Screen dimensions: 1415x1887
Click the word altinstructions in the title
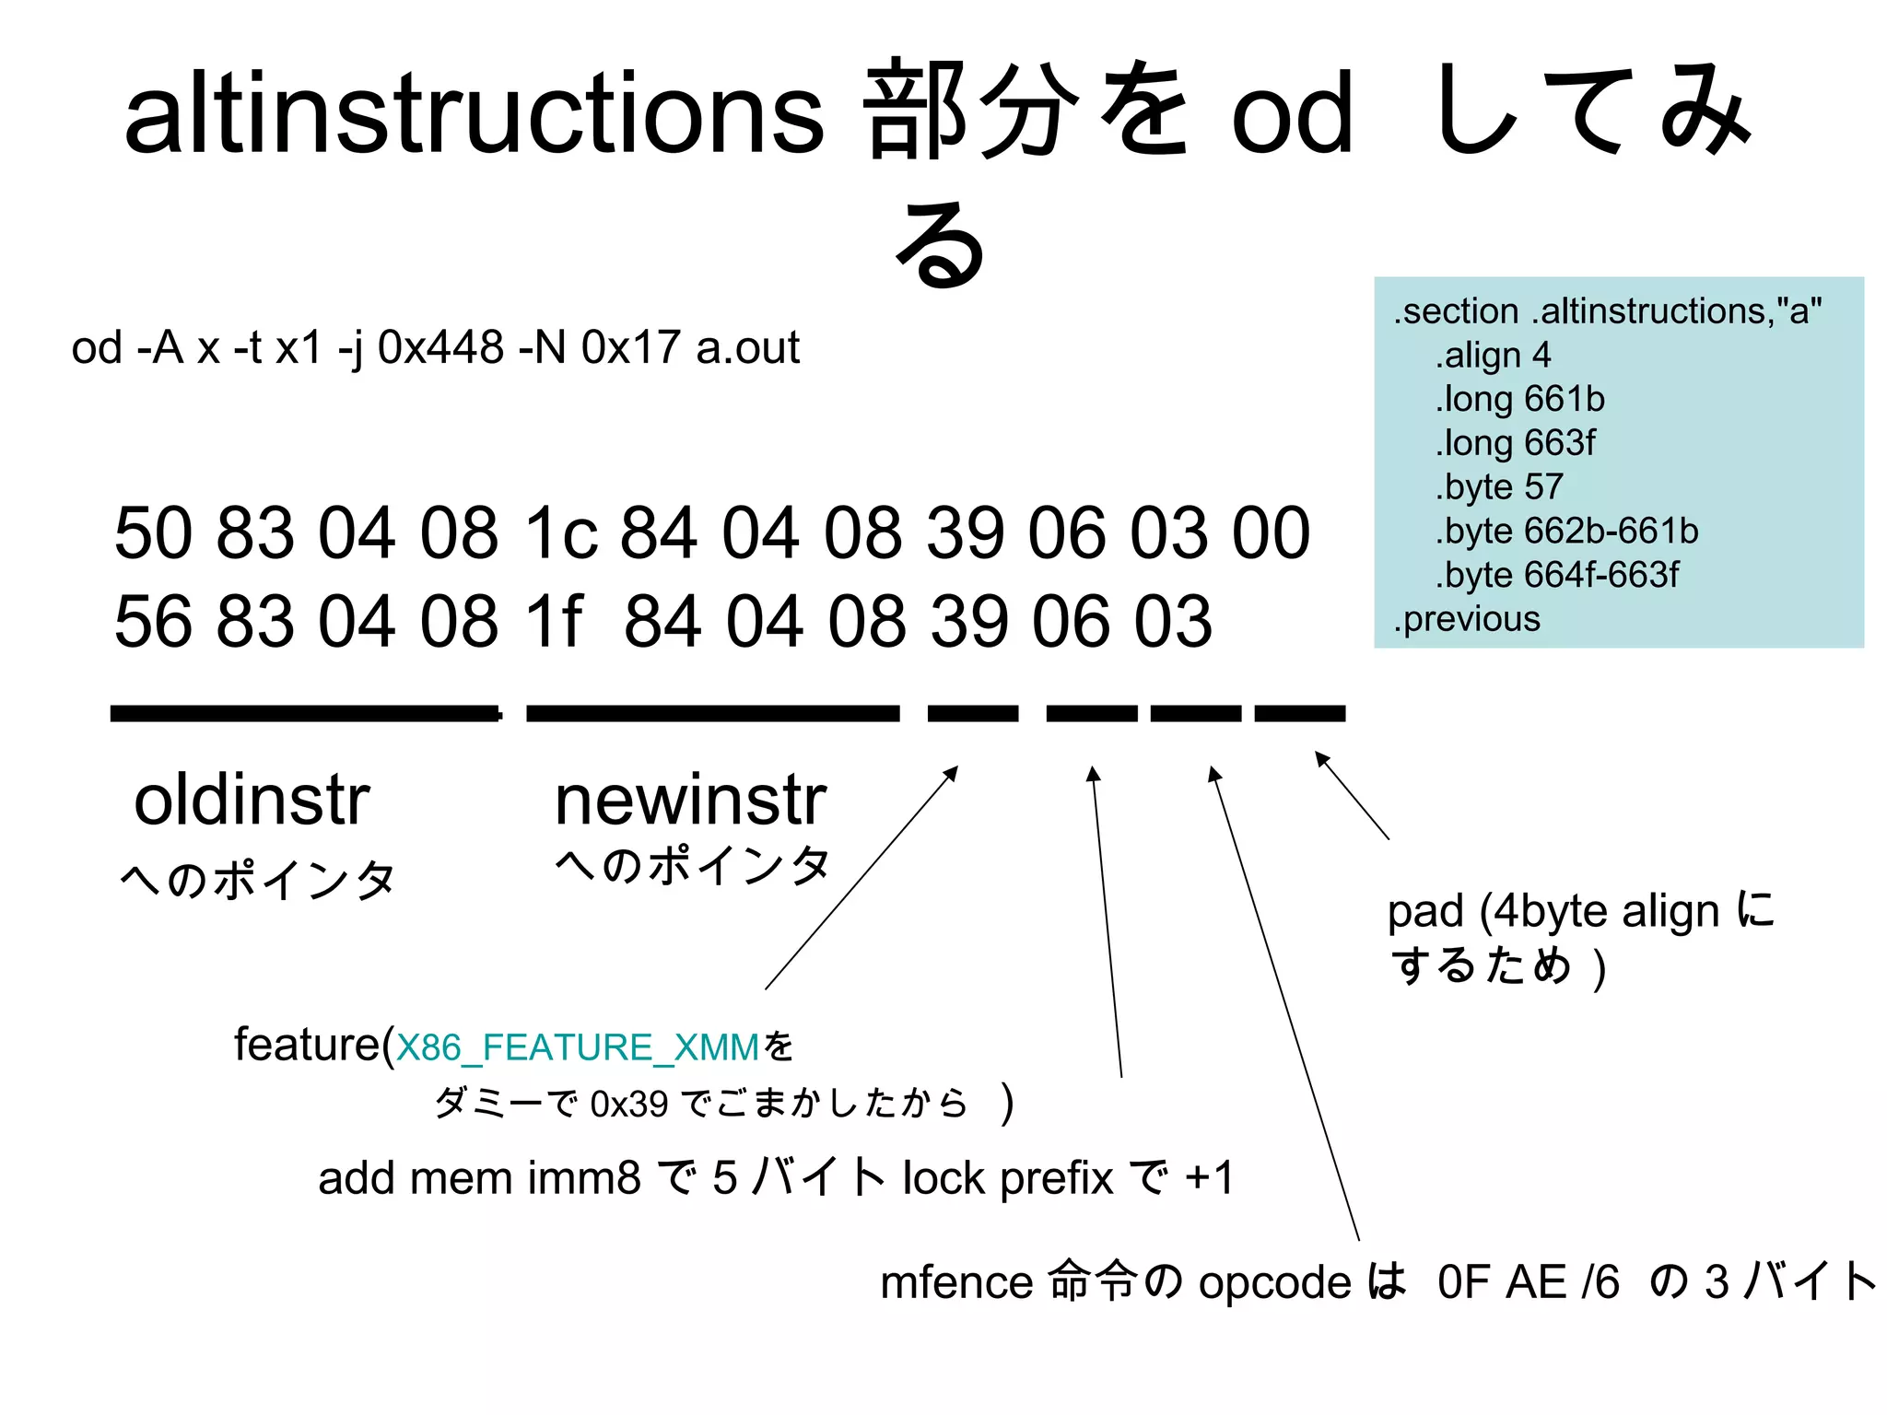click(x=474, y=112)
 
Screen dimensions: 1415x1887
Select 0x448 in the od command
click(x=440, y=348)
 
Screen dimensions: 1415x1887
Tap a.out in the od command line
click(x=747, y=348)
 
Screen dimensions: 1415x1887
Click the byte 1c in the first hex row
click(x=560, y=533)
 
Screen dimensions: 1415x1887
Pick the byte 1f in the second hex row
click(x=553, y=622)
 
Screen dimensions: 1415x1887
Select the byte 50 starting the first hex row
click(x=152, y=533)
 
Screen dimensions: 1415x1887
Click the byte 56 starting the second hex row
click(x=152, y=622)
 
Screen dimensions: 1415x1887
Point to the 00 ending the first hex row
click(x=1272, y=533)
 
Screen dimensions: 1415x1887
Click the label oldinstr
click(x=252, y=800)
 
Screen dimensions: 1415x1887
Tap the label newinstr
click(x=690, y=800)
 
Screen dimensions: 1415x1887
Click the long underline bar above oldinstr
click(x=304, y=713)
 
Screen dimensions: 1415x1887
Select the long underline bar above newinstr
click(x=712, y=713)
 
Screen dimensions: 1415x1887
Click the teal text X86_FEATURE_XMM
click(x=578, y=1047)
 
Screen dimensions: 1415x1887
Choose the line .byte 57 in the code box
click(x=1498, y=486)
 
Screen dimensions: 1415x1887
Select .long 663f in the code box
click(x=1514, y=443)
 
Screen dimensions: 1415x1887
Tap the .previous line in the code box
click(x=1467, y=618)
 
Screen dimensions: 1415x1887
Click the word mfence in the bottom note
click(x=956, y=1281)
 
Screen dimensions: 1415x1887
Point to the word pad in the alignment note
click(x=1424, y=911)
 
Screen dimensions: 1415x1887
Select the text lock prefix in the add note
click(x=1007, y=1178)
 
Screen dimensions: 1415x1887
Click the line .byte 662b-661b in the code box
click(x=1565, y=531)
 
